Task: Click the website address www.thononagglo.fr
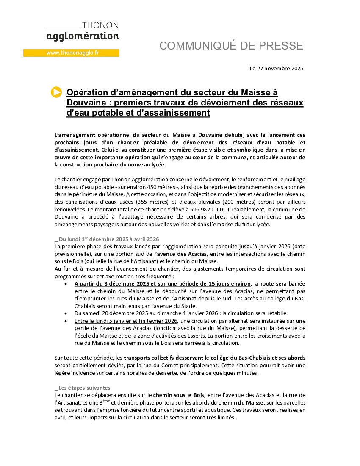tap(72, 53)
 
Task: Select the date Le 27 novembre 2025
tap(277, 68)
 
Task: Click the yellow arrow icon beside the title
tap(56, 92)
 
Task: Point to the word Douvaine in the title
tap(85, 103)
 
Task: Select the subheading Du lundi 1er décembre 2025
tap(108, 239)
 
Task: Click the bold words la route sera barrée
tap(280, 283)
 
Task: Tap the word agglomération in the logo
tap(83, 36)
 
